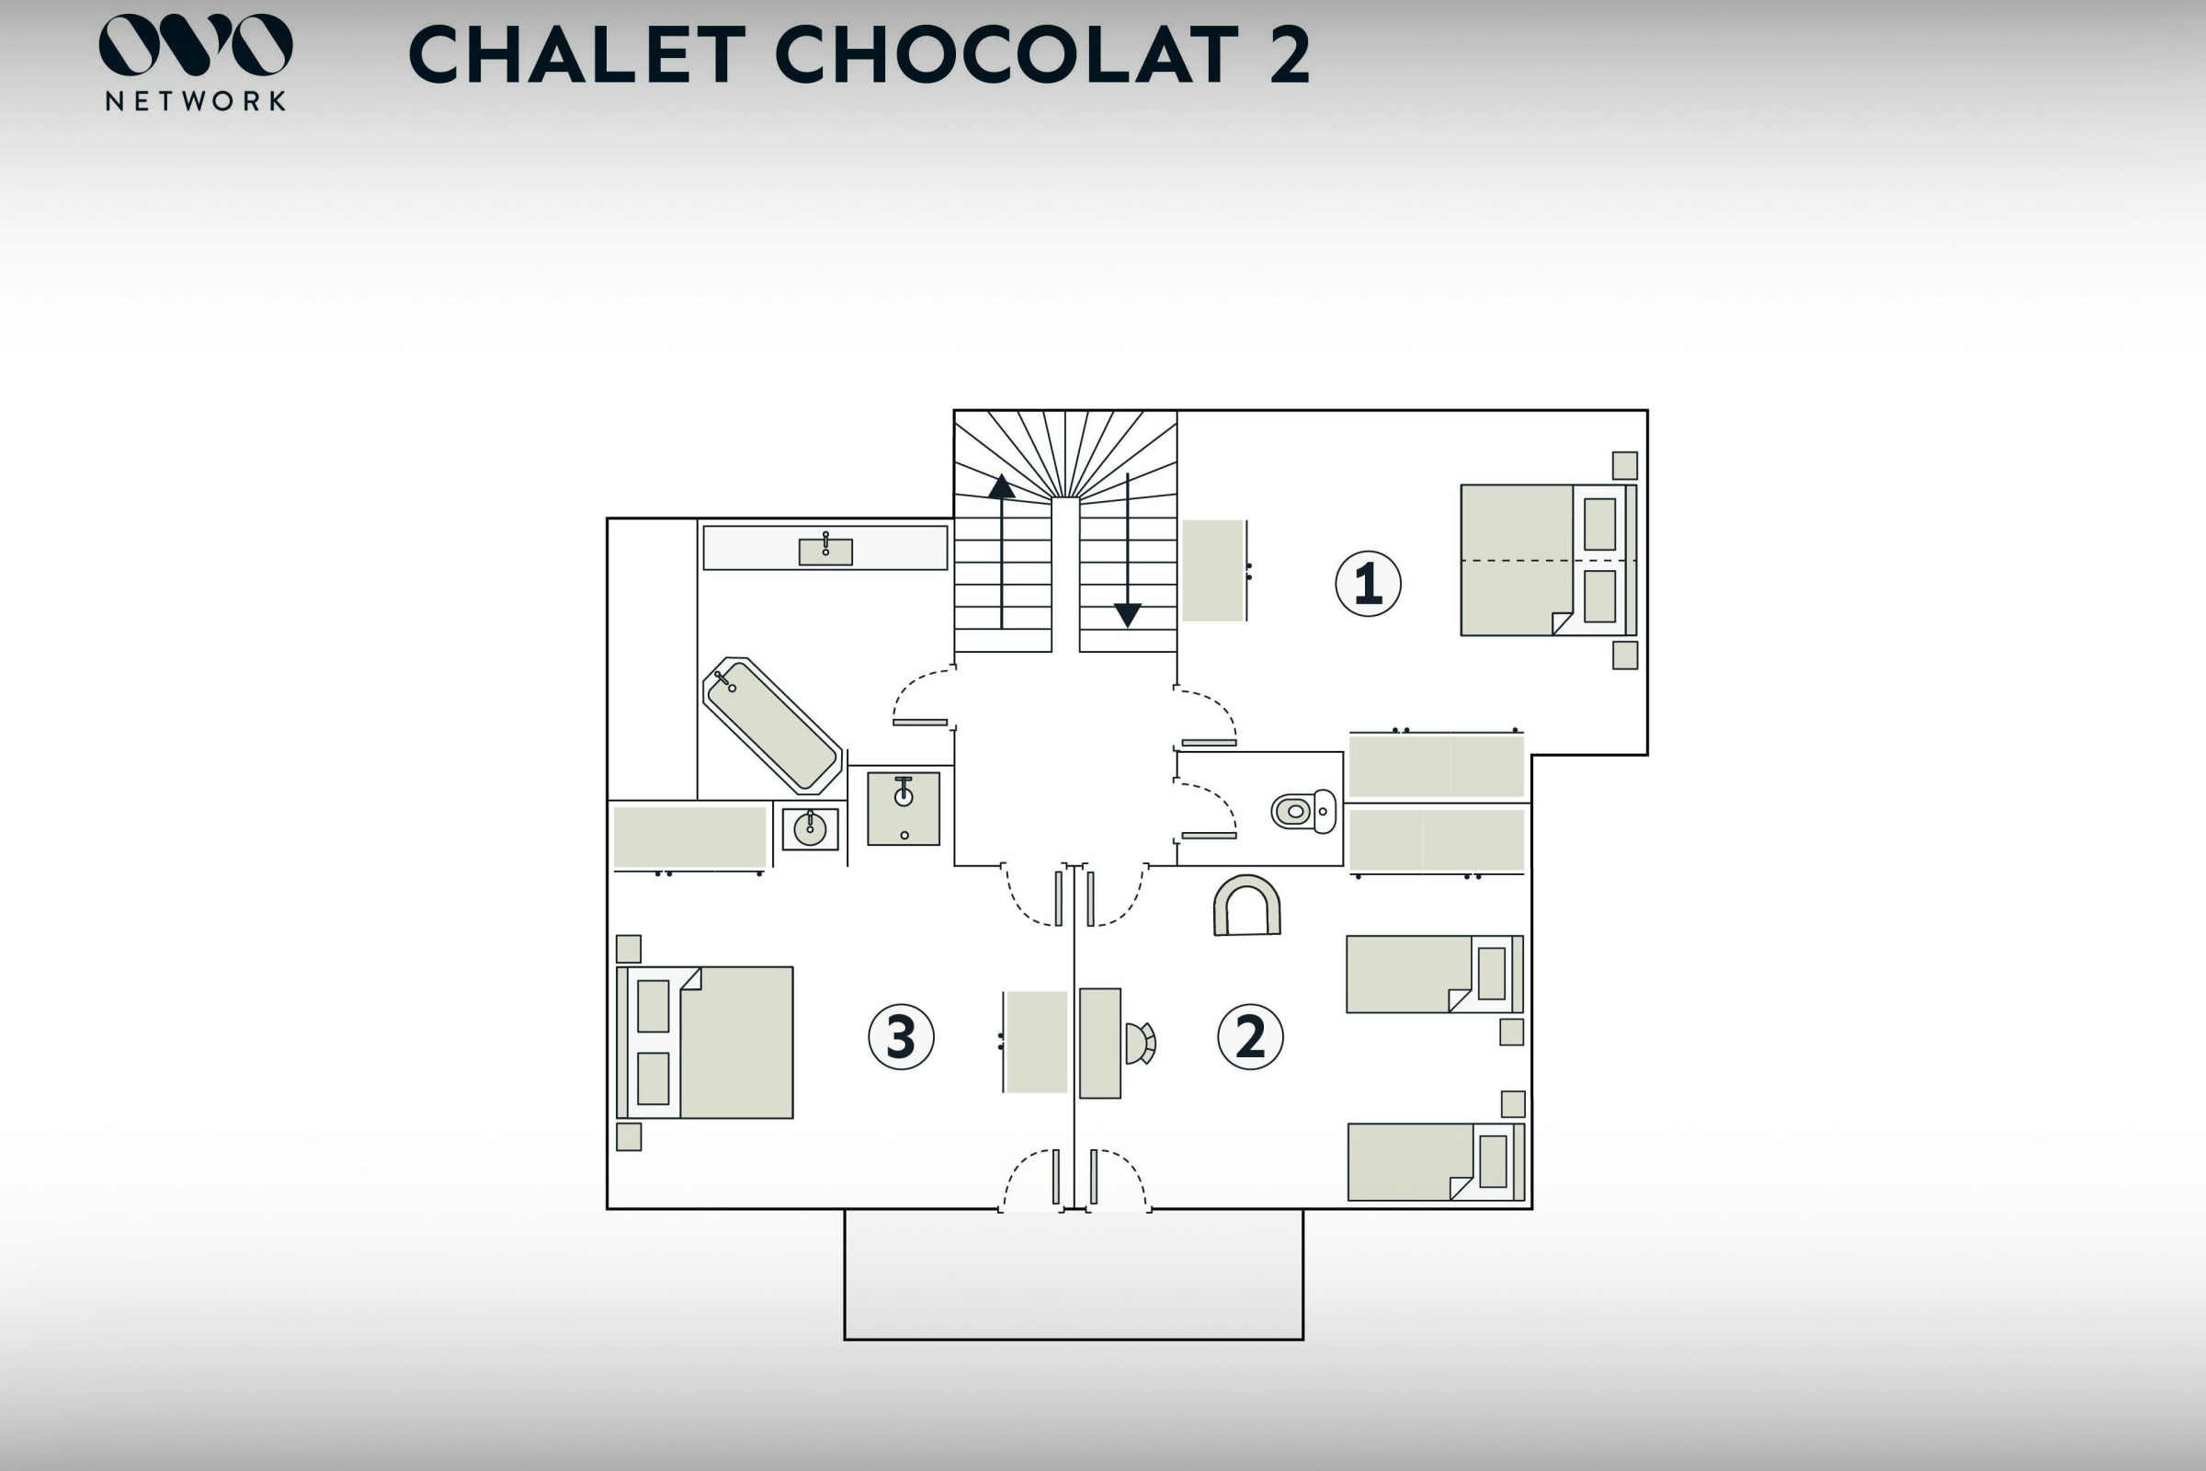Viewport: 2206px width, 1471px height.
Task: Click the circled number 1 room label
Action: (1368, 584)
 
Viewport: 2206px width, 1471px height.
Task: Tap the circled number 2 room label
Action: (1249, 1037)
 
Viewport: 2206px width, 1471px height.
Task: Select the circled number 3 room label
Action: (901, 1037)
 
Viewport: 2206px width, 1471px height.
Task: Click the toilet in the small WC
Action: (1303, 811)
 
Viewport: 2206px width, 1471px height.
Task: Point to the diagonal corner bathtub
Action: (772, 724)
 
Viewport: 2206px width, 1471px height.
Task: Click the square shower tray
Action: (904, 809)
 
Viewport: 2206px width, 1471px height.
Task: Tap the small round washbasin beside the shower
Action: (811, 829)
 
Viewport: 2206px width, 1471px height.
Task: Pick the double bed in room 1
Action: (1548, 560)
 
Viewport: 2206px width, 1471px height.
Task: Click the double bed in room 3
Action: (705, 1043)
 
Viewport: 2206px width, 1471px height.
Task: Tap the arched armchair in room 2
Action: (1246, 907)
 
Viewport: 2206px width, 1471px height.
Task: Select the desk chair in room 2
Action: (1141, 1043)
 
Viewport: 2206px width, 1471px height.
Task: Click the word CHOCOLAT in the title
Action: (1008, 54)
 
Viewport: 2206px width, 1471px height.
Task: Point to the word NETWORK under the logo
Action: (195, 101)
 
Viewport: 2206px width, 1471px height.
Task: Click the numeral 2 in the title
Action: (1290, 54)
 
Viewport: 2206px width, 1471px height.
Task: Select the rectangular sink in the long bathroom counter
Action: (825, 551)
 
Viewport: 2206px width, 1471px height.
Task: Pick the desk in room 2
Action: (1100, 1043)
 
